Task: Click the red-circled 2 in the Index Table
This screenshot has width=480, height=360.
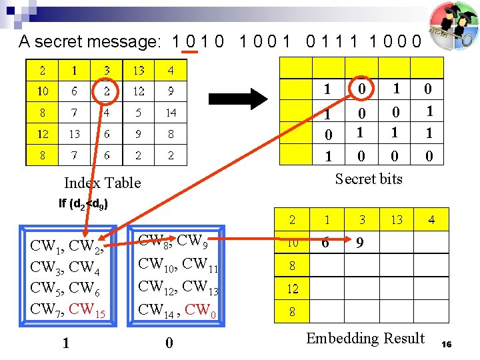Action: click(107, 91)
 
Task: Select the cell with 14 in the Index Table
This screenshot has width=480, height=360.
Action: click(171, 113)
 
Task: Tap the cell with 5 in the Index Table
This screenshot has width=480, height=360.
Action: click(139, 113)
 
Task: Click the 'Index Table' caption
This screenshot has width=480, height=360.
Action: click(103, 183)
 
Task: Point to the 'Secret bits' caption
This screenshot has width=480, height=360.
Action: click(369, 178)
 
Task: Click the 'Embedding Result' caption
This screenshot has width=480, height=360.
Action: click(365, 338)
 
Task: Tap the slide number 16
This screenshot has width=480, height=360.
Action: click(447, 344)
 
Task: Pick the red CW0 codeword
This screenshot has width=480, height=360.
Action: click(200, 309)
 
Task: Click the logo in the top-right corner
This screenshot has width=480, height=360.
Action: click(453, 25)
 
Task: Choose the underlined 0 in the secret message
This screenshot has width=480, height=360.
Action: click(191, 42)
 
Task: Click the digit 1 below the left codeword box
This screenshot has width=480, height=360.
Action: click(65, 343)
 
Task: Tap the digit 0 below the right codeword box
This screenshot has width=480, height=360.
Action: click(169, 343)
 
